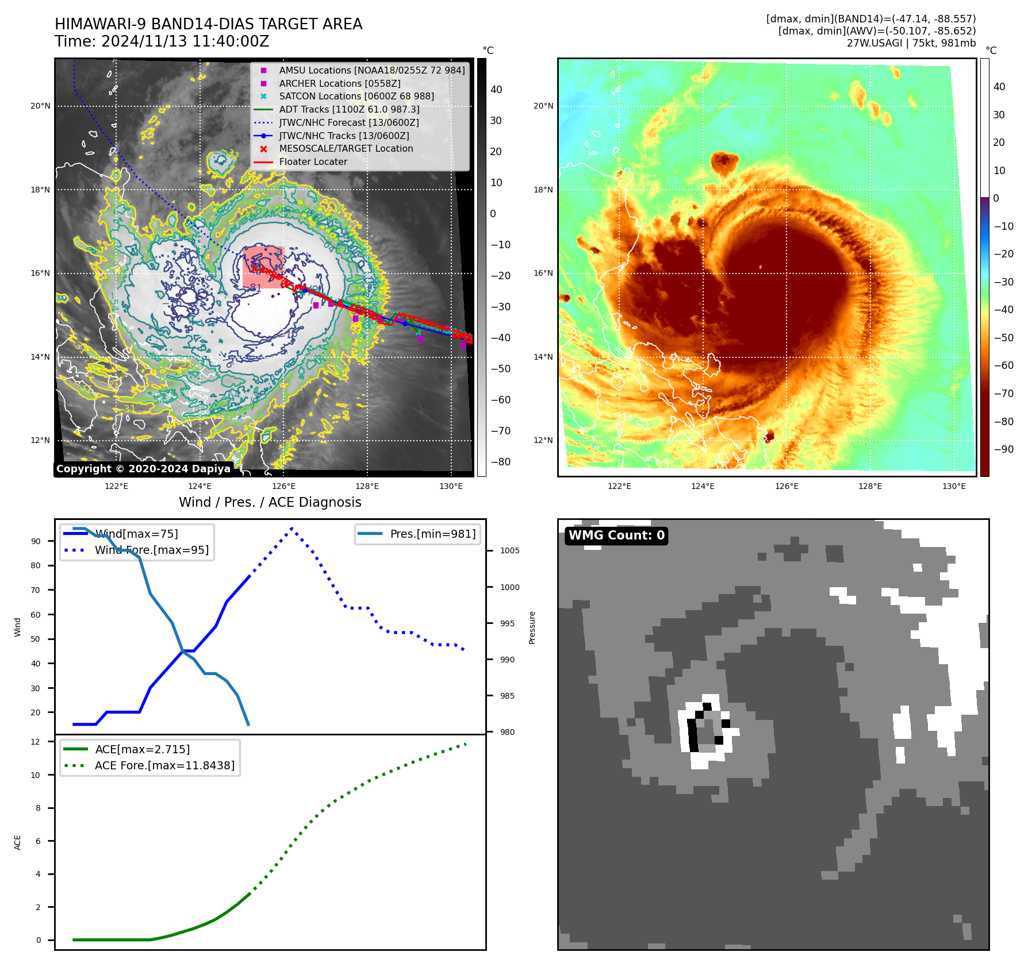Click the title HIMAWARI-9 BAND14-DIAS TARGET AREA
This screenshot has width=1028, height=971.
tap(208, 24)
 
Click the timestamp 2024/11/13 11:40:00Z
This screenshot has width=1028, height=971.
tap(185, 41)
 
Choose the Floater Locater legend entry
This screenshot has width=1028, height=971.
tap(313, 162)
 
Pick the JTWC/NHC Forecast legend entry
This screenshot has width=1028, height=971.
tap(348, 122)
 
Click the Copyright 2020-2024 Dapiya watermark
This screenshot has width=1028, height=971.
tap(143, 469)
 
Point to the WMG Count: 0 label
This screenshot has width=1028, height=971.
tap(616, 535)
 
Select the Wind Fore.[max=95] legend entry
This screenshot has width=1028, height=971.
tap(151, 550)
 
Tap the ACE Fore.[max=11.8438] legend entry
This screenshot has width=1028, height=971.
tap(164, 765)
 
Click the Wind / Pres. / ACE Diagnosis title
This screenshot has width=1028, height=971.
tap(270, 502)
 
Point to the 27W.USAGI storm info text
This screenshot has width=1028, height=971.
tap(911, 43)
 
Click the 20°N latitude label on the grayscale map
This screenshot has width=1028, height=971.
tap(40, 106)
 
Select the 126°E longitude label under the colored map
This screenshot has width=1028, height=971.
tap(787, 486)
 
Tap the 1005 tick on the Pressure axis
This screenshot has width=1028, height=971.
tap(509, 550)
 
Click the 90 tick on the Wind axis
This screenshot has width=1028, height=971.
tap(36, 541)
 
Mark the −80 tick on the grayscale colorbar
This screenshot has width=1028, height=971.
tap(500, 462)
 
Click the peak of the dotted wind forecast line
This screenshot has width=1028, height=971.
tap(292, 528)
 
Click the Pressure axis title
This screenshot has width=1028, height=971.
tap(532, 627)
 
